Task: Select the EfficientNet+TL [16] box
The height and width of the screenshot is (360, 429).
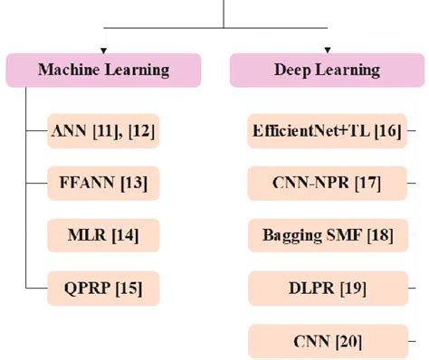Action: pyautogui.click(x=326, y=131)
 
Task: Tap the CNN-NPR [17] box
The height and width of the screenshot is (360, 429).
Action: pyautogui.click(x=326, y=184)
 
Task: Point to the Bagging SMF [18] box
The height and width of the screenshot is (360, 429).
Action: pyautogui.click(x=326, y=236)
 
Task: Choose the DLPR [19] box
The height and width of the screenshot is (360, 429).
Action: pyautogui.click(x=326, y=289)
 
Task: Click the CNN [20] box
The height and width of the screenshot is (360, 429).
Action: pyautogui.click(x=326, y=341)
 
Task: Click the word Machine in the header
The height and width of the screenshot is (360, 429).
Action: pyautogui.click(x=69, y=70)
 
